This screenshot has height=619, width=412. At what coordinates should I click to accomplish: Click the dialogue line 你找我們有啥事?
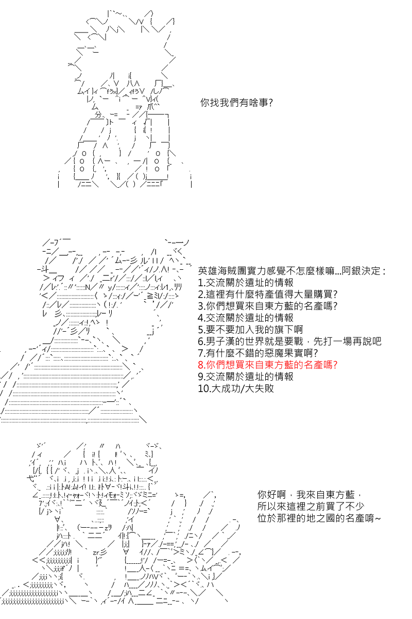pyautogui.click(x=236, y=103)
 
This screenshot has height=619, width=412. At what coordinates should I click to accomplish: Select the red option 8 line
pyautogui.click(x=268, y=365)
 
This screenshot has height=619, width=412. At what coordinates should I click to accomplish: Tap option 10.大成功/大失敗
pyautogui.click(x=236, y=388)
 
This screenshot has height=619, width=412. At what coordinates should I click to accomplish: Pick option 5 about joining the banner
pyautogui.click(x=250, y=330)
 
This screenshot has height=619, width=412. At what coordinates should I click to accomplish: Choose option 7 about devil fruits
pyautogui.click(x=257, y=353)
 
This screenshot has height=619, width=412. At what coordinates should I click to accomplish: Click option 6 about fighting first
pyautogui.click(x=289, y=341)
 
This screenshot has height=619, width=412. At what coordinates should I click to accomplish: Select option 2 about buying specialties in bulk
pyautogui.click(x=268, y=294)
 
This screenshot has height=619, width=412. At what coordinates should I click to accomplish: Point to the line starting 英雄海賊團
pyautogui.click(x=291, y=271)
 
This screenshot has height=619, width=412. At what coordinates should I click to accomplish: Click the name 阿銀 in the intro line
pyautogui.click(x=351, y=271)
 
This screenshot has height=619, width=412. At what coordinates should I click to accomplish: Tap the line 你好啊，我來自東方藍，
pyautogui.click(x=310, y=494)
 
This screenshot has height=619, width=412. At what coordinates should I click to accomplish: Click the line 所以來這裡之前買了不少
pyautogui.click(x=311, y=506)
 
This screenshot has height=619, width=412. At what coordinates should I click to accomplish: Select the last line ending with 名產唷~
pyautogui.click(x=319, y=518)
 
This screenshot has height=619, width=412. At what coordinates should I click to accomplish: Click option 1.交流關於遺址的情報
pyautogui.click(x=246, y=283)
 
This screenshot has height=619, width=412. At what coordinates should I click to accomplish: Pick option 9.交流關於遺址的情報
pyautogui.click(x=246, y=377)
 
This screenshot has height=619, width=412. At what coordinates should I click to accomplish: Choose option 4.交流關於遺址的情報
pyautogui.click(x=246, y=318)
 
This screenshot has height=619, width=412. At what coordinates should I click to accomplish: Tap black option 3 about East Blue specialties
pyautogui.click(x=268, y=306)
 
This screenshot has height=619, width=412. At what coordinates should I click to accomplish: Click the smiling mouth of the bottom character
pyautogui.click(x=94, y=528)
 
